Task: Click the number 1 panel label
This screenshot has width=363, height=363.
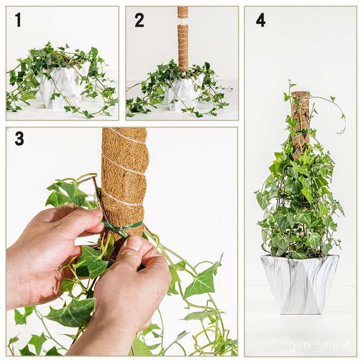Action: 18,20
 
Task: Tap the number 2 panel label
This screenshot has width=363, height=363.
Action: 139,20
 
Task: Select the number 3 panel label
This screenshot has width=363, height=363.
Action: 19,138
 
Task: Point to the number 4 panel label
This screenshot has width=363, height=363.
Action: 260,20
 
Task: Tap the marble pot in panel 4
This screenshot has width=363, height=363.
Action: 299,284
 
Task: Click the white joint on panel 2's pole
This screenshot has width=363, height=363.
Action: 183,21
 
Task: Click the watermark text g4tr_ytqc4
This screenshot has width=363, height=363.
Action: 319,345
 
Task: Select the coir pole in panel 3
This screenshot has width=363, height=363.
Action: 125,172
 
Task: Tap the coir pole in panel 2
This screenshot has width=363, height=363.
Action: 183,45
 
